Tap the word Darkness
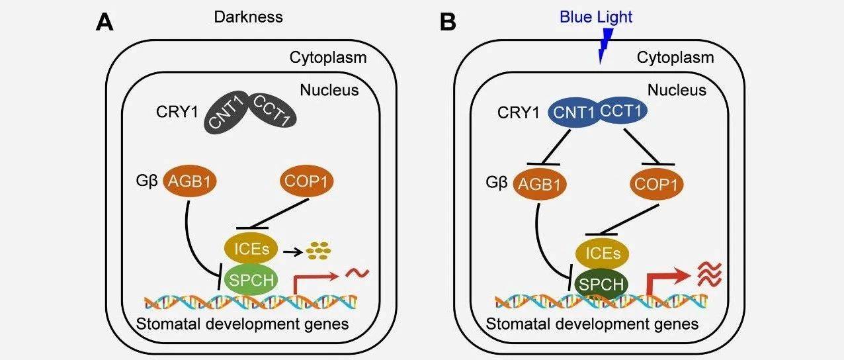[x=248, y=17]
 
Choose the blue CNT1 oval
[x=574, y=112]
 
